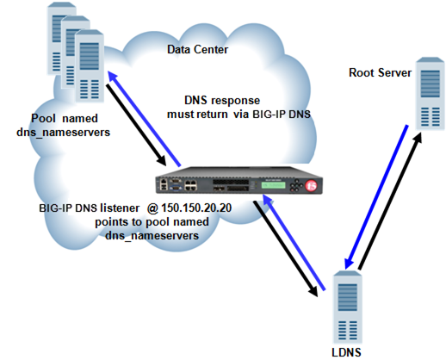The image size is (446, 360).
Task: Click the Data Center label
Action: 197,50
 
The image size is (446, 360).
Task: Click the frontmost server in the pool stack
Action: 88,61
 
